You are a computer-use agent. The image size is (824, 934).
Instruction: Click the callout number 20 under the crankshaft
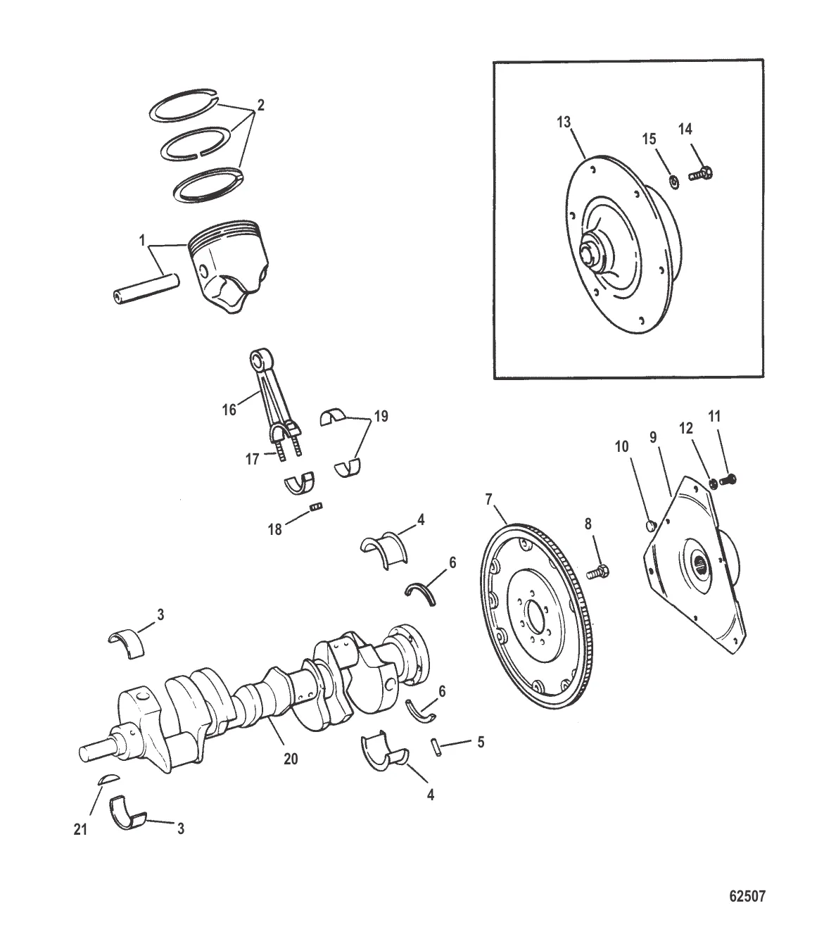tap(291, 758)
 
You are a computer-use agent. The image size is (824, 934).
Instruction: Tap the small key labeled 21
tap(105, 779)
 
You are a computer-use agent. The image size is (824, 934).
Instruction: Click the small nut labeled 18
tap(317, 505)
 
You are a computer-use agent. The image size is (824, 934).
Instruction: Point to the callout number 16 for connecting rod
tap(229, 409)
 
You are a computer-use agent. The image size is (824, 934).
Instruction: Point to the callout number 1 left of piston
tap(144, 241)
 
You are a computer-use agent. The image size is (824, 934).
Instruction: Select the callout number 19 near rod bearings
tap(380, 416)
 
